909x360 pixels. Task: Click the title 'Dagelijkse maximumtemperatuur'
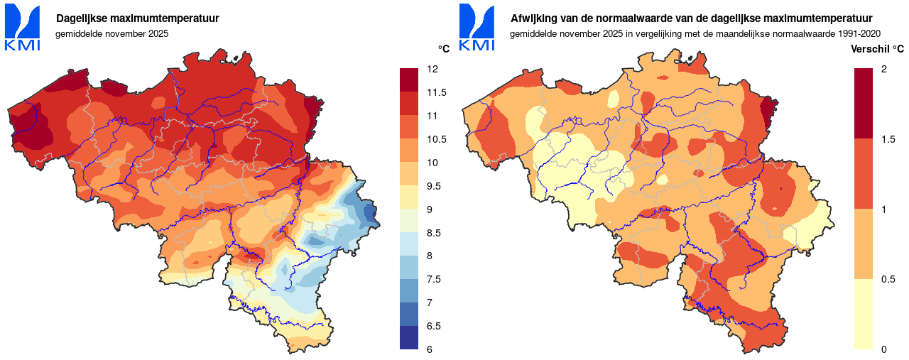coord(137,18)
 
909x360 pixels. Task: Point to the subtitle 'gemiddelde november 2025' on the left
coord(111,33)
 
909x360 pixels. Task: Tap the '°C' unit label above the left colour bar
coord(443,48)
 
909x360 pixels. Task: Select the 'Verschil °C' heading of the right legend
coord(877,49)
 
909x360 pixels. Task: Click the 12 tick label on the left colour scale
coord(432,69)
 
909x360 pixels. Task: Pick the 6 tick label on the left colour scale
coord(431,349)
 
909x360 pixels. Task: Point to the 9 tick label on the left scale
coord(431,209)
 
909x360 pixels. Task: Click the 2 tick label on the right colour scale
coord(883,69)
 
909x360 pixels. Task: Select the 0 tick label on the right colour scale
coord(883,349)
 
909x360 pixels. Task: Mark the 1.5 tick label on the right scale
coord(887,139)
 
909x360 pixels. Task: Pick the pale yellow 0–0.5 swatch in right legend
coord(863,313)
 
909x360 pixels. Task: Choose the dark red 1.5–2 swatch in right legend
coord(863,103)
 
